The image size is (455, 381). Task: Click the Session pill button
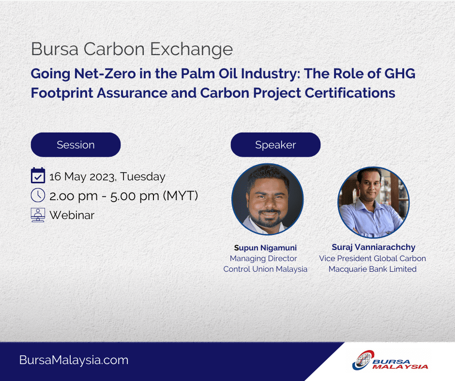76,145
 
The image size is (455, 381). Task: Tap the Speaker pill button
275,145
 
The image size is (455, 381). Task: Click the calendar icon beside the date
38,176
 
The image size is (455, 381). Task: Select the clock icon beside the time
38,195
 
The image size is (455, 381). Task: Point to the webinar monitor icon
38,215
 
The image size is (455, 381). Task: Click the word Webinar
72,215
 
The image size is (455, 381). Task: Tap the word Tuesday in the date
143,176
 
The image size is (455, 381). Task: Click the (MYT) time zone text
181,196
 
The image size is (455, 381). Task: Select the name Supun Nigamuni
265,248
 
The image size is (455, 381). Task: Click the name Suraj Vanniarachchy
374,247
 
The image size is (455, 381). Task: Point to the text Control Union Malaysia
265,269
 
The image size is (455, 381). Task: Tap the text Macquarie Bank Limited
373,269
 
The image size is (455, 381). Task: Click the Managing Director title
263,258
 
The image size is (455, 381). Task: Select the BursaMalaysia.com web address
74,360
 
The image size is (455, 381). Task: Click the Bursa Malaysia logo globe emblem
363,360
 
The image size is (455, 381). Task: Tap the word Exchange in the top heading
192,49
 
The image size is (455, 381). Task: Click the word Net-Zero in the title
105,73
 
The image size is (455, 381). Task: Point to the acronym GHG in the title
400,73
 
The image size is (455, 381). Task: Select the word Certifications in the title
350,93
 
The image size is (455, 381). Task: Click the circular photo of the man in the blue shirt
374,203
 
